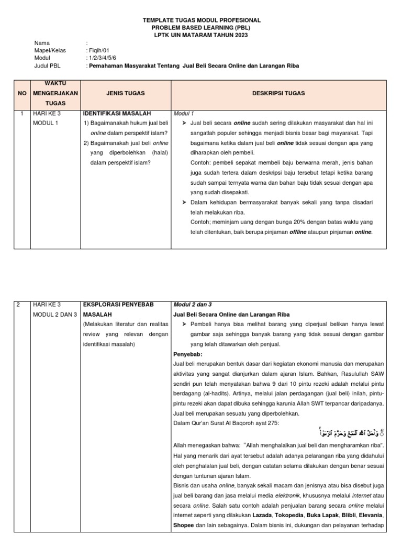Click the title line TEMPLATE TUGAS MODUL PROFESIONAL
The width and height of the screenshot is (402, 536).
click(x=202, y=20)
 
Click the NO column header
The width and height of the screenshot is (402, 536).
click(x=22, y=93)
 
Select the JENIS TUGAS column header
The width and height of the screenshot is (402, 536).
click(x=126, y=93)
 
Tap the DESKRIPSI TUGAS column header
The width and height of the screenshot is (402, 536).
click(x=278, y=93)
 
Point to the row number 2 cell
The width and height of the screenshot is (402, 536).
click(x=19, y=304)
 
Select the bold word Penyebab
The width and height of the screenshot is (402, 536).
click(x=187, y=354)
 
